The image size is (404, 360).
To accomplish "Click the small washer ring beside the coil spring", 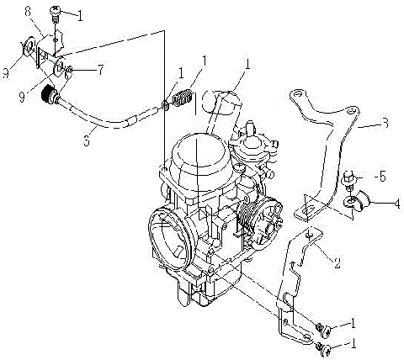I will pos(165,107).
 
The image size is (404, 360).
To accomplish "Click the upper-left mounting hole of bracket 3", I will pos(295,95).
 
